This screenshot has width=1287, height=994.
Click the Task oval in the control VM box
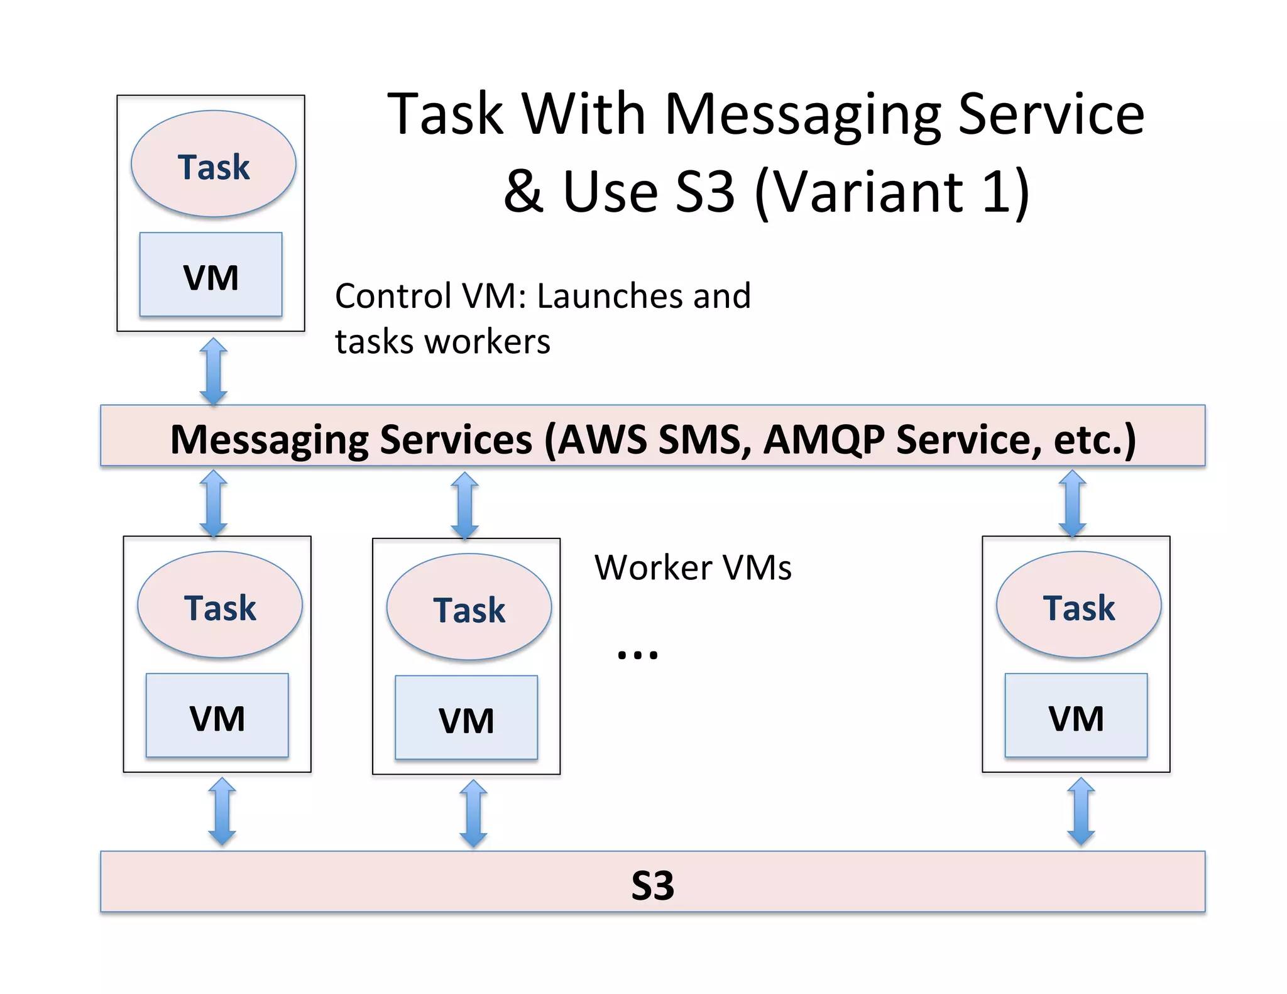point(213,165)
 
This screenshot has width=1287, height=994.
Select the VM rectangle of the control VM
point(211,275)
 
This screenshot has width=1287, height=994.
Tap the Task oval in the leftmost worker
point(219,605)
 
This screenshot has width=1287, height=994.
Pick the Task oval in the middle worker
point(469,608)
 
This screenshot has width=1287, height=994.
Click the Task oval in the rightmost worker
point(1078,605)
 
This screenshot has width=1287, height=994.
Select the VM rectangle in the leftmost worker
point(217,716)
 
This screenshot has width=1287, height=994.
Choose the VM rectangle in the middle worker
point(466,718)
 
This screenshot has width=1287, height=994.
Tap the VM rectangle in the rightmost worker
point(1076,716)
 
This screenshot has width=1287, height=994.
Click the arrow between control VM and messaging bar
point(213,371)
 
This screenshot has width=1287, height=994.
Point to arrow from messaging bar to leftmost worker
point(213,503)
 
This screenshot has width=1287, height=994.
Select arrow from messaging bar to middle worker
point(465,505)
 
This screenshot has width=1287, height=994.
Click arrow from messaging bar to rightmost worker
point(1072,503)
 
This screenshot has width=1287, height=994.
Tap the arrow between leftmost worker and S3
point(222,811)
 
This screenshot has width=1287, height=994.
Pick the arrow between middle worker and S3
point(473,813)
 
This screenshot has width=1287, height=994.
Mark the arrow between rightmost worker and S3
point(1081,811)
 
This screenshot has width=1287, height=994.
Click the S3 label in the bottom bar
point(652,885)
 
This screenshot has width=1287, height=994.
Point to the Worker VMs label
point(693,567)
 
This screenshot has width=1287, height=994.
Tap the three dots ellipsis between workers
point(637,655)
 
